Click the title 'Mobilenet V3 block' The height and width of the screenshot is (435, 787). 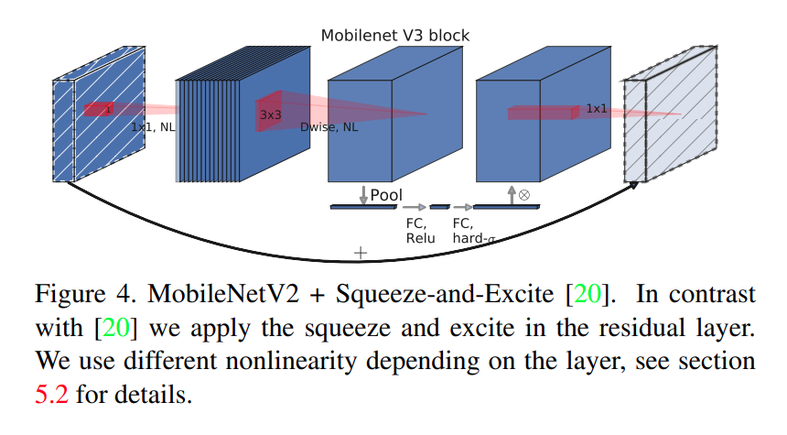coord(394,36)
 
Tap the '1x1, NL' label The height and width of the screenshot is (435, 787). coord(153,127)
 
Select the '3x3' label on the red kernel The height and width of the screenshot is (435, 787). coord(270,115)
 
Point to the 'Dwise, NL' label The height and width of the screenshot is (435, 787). coord(329,127)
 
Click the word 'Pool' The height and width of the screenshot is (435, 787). coord(386,195)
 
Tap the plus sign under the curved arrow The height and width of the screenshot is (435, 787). coord(361,252)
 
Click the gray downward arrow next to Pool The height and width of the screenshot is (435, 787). coord(363,194)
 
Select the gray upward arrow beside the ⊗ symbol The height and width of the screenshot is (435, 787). coord(512,193)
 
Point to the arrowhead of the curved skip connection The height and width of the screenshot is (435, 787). coord(632,186)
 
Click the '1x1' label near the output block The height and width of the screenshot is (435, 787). coord(596,109)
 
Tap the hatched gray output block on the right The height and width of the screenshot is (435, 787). coord(681,128)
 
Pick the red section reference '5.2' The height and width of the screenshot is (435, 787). coord(51,397)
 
